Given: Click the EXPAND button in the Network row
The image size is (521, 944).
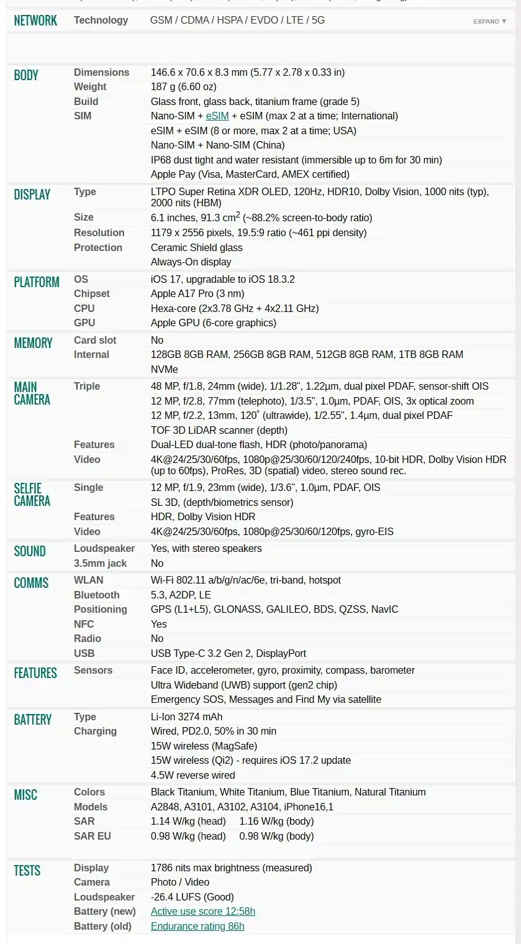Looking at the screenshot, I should (489, 21).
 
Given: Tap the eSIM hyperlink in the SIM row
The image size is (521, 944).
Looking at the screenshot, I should (217, 116).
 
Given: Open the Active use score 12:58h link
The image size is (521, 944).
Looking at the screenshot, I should (202, 912).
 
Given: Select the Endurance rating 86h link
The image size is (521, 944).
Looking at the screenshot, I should (197, 927).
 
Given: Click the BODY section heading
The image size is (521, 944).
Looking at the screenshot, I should (26, 75).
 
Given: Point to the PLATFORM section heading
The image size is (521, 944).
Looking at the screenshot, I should (37, 282).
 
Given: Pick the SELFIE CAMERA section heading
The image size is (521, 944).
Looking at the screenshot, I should (32, 495).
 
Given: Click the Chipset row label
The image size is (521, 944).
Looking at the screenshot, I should (91, 294).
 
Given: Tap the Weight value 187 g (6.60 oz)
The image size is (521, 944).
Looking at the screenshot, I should (183, 87).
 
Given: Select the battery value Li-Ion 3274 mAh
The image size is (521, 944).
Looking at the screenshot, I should (186, 717).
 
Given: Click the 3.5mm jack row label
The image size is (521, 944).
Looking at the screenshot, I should (100, 564).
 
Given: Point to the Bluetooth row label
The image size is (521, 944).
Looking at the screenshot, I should (96, 595).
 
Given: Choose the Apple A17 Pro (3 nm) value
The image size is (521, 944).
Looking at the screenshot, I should (197, 294).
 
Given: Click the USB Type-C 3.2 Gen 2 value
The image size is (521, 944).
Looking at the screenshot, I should (228, 654).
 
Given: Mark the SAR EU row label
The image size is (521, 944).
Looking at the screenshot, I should (92, 836).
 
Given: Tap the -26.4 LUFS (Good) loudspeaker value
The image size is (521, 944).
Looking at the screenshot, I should (192, 897).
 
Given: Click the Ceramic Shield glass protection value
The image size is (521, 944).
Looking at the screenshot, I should (196, 248).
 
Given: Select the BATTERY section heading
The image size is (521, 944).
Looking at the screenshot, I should (32, 720).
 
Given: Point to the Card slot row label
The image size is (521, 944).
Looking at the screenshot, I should (95, 341).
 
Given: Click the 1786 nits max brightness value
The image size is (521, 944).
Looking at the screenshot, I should (231, 868).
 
